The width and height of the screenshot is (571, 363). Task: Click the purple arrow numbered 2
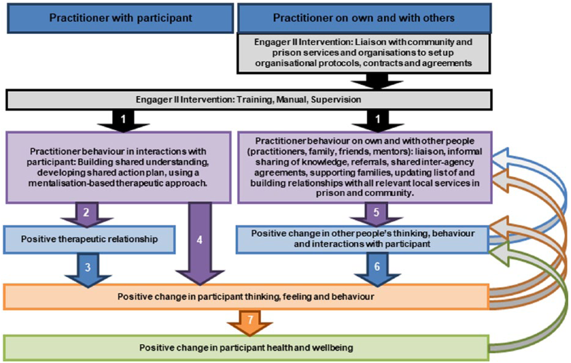tap(87, 214)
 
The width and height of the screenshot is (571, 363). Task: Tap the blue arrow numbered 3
tap(88, 269)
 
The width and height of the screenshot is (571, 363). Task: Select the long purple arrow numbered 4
tap(200, 242)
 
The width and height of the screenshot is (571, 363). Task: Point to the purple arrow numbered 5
tap(376, 214)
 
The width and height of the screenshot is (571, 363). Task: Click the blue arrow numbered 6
tap(377, 268)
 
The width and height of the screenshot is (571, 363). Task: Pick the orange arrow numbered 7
tap(250, 322)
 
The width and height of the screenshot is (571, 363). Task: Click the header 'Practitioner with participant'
tap(120, 18)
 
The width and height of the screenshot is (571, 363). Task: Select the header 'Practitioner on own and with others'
tap(364, 18)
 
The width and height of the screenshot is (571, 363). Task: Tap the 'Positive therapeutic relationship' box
tap(89, 240)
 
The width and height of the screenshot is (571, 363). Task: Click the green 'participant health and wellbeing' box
tap(246, 348)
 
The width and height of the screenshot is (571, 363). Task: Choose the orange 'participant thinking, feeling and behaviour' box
tap(246, 297)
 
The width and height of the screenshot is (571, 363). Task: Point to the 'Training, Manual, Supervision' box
tap(249, 100)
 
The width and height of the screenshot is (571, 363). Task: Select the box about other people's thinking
tap(362, 239)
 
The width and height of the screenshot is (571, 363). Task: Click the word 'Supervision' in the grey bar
tap(336, 100)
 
